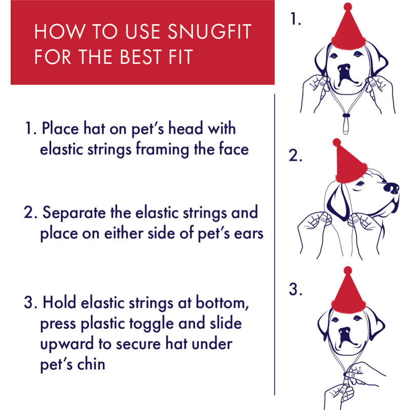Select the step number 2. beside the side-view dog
pyautogui.click(x=295, y=156)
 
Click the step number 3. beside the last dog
pyautogui.click(x=295, y=290)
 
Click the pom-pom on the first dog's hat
pyautogui.click(x=348, y=7)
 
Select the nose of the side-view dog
pyautogui.click(x=392, y=189)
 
